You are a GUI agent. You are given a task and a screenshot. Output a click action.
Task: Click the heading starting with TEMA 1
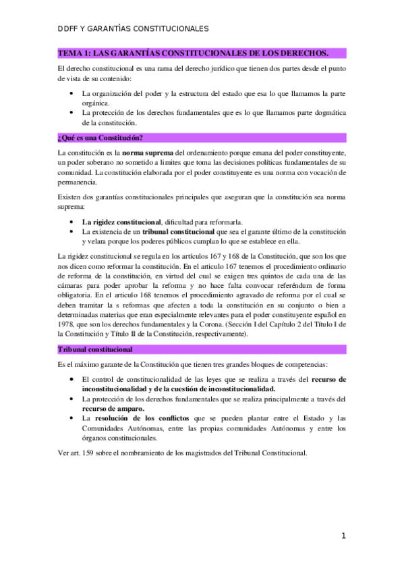click(x=194, y=53)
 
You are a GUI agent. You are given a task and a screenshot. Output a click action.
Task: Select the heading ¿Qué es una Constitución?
click(x=100, y=138)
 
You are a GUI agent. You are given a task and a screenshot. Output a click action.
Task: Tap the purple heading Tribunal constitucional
click(x=95, y=349)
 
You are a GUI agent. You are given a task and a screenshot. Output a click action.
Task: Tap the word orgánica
click(x=95, y=103)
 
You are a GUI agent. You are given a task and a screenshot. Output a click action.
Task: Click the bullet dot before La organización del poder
click(x=72, y=93)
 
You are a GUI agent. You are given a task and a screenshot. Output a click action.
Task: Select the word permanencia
click(x=78, y=182)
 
